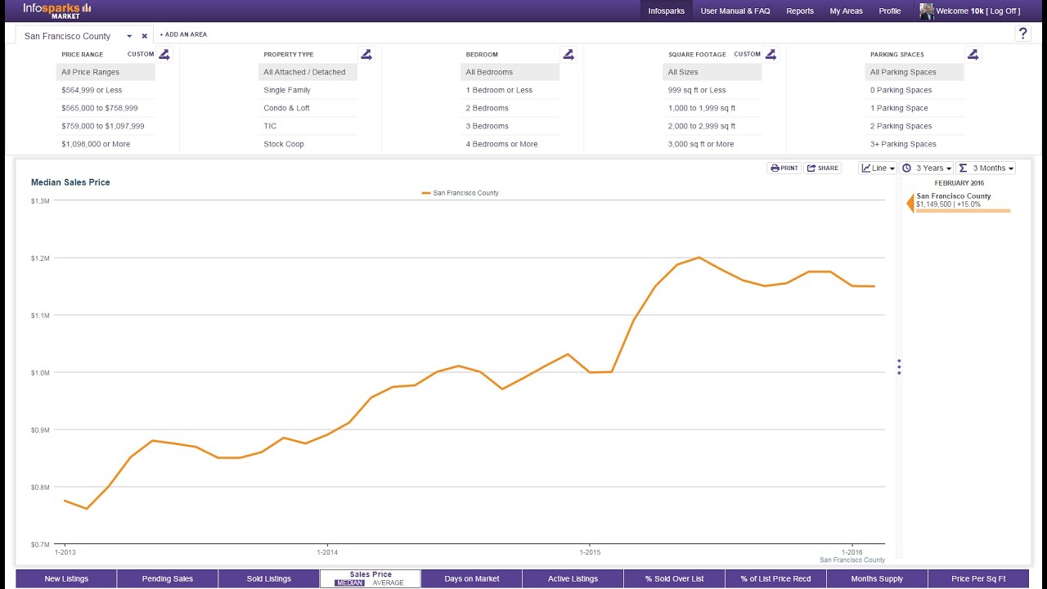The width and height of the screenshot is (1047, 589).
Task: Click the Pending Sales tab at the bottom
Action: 168,578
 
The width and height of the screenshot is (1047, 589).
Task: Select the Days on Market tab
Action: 472,578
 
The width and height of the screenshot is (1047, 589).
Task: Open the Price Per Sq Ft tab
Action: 978,578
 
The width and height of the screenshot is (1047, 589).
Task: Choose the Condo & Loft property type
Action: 286,108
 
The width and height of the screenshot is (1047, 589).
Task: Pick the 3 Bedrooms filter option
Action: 487,126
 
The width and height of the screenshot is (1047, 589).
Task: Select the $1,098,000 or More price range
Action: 96,144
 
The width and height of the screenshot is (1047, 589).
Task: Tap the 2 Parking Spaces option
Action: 901,126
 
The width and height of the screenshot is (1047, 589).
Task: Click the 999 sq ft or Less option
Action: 696,90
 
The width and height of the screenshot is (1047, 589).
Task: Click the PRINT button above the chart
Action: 784,168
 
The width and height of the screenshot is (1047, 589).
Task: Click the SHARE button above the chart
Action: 823,168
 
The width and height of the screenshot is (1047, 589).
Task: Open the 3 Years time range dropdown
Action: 927,168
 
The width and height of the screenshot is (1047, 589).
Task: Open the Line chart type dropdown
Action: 878,168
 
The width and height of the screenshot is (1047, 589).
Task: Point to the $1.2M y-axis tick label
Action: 40,259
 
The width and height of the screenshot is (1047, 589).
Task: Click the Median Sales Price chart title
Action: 70,182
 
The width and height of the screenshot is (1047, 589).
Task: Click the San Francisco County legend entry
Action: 461,193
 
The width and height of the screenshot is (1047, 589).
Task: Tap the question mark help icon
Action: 1022,34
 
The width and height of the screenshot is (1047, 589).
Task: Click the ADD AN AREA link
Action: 183,34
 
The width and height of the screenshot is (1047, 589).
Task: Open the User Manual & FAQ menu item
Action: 735,11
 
